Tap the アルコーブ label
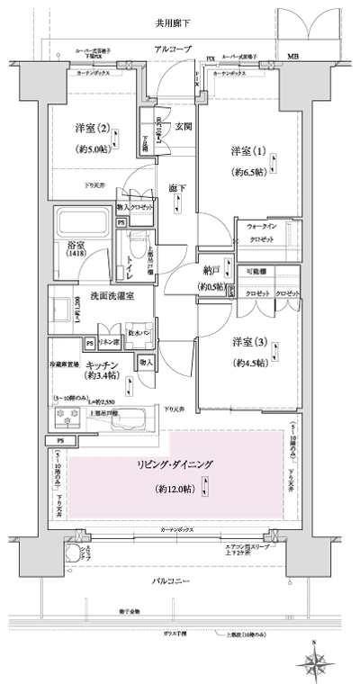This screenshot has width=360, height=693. tap(173, 49)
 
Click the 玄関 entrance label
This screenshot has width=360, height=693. tap(183, 127)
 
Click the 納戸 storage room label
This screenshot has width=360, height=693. tap(211, 269)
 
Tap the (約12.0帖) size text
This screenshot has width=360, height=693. tap(171, 490)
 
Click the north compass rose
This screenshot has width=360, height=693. tap(317, 662)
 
